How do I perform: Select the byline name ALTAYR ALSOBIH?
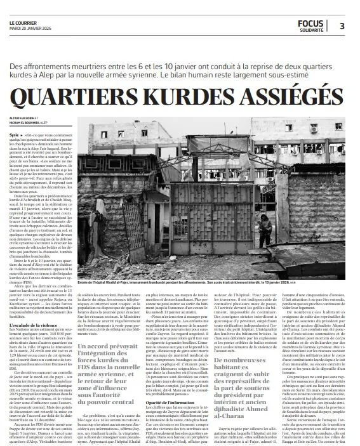pos(23,118)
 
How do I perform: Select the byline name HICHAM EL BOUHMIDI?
pos(29,122)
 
